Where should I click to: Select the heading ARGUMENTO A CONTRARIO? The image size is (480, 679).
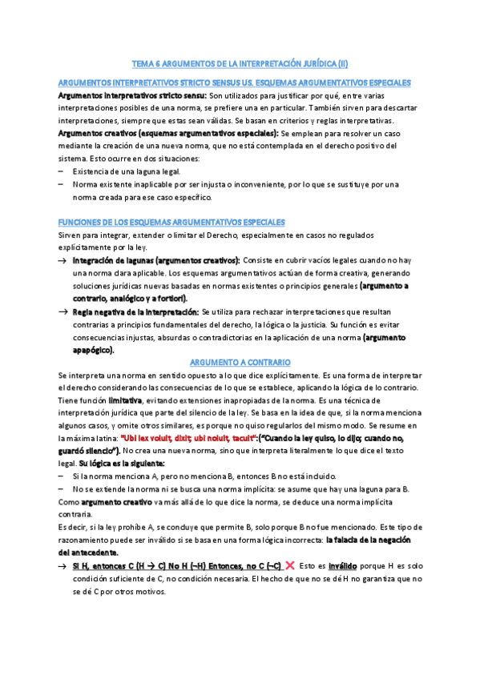[x=239, y=362]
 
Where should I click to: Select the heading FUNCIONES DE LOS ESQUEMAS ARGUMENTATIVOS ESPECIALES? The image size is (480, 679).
[x=171, y=221]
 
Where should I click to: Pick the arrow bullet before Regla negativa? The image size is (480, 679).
[x=63, y=311]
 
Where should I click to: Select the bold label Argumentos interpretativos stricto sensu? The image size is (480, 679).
[x=131, y=95]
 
